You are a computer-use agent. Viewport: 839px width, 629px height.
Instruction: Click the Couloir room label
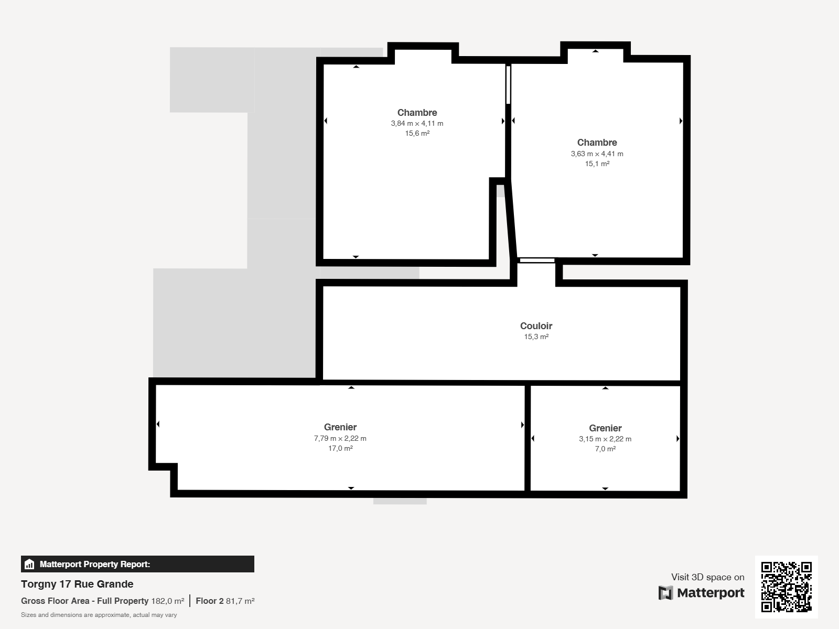536,326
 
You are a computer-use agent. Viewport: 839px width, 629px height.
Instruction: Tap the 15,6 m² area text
417,133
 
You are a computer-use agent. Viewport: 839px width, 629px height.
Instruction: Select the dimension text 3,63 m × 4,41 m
597,154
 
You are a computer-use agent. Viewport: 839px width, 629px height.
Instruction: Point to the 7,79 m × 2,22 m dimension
340,438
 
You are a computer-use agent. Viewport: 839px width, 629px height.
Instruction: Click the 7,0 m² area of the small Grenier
605,449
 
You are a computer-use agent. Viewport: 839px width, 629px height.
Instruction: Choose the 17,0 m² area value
340,448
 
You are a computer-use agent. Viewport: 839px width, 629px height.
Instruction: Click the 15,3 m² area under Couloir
536,337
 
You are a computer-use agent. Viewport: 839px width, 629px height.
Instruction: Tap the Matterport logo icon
665,593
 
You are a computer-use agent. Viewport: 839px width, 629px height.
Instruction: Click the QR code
786,587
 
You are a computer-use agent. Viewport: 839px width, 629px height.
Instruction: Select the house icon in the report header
29,564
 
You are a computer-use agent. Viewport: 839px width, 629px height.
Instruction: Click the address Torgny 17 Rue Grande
77,584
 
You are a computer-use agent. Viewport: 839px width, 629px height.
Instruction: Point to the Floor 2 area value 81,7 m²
240,601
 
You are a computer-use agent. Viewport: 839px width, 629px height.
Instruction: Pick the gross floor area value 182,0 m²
168,601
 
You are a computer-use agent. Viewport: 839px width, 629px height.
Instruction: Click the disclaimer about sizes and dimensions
99,615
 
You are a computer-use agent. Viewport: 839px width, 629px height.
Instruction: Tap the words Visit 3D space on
707,577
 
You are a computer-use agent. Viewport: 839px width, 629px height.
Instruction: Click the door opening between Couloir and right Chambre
537,261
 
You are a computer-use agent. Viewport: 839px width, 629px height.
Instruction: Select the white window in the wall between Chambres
508,85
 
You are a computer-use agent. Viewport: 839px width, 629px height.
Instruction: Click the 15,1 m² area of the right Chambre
597,164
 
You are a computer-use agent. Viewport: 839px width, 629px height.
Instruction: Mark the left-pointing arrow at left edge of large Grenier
158,424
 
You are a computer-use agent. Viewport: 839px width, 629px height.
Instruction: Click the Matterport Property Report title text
95,564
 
